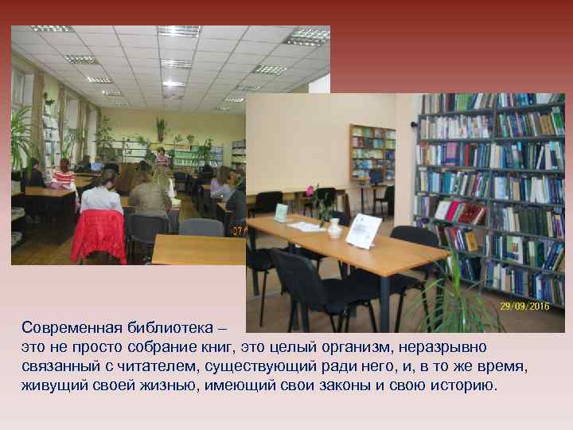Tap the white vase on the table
[335, 229]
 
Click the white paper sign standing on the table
[364, 231]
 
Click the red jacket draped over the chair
[98, 236]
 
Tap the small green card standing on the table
[281, 213]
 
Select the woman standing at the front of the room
[162, 157]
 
